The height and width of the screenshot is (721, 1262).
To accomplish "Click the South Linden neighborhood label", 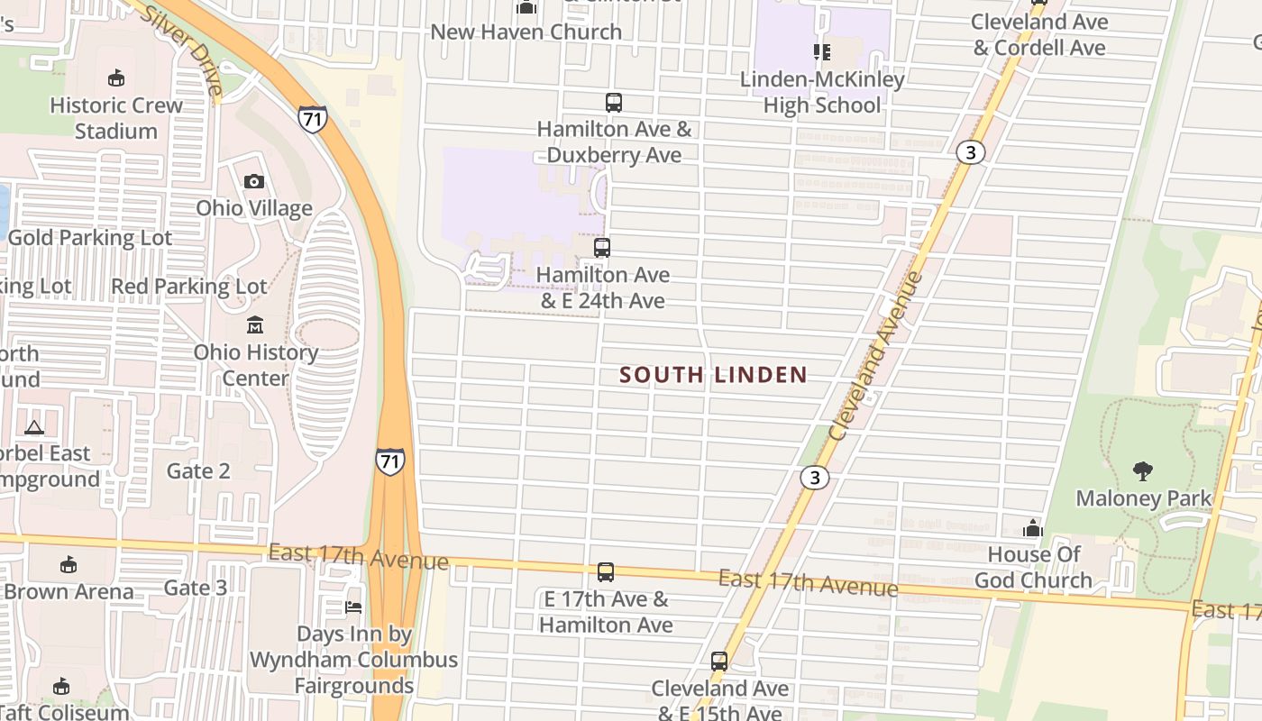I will pyautogui.click(x=713, y=375).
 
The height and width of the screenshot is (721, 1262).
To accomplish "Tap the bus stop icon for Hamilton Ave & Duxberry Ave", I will pyautogui.click(x=614, y=103).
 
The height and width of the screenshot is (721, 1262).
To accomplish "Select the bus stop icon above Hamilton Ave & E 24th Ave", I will pyautogui.click(x=602, y=248).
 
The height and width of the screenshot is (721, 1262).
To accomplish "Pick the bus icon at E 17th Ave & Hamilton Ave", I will pyautogui.click(x=606, y=572).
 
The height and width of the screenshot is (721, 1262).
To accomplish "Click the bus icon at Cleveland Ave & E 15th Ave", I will pyautogui.click(x=719, y=662).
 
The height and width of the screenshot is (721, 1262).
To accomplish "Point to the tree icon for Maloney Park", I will pyautogui.click(x=1143, y=470).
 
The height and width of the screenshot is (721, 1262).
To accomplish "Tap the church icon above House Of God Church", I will pyautogui.click(x=1033, y=528).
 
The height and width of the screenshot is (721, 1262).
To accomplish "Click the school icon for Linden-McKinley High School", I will pyautogui.click(x=821, y=52).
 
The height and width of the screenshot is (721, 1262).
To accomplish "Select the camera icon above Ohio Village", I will pyautogui.click(x=254, y=182).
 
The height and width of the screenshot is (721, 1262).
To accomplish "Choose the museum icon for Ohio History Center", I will pyautogui.click(x=255, y=324).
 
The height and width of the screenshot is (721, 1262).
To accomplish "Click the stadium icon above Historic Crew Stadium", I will pyautogui.click(x=115, y=78).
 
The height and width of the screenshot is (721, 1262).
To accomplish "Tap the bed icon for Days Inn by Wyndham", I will pyautogui.click(x=353, y=607).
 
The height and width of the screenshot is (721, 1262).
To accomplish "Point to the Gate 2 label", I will pyautogui.click(x=198, y=470).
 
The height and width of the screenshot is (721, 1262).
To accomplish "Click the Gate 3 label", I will pyautogui.click(x=196, y=589).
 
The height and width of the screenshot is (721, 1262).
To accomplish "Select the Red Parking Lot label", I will pyautogui.click(x=189, y=287).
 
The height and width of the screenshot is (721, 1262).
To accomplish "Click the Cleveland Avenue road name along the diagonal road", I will pyautogui.click(x=875, y=355).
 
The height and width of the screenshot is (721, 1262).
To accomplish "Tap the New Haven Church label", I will pyautogui.click(x=526, y=32).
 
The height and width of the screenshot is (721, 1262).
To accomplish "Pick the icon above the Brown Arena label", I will pyautogui.click(x=68, y=565).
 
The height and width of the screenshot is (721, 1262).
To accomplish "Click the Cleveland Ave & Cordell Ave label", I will pyautogui.click(x=1039, y=34).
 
